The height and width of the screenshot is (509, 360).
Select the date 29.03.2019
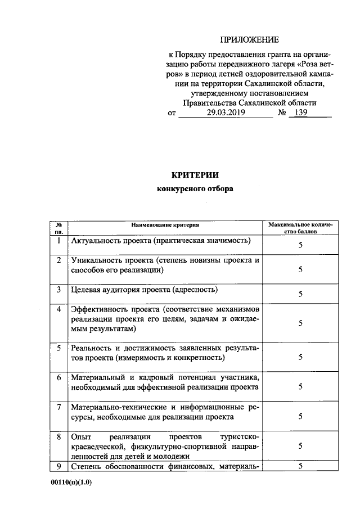click(223, 113)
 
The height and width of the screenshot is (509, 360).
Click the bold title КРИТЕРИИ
click(194, 174)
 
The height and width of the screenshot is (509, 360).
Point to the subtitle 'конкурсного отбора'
click(195, 189)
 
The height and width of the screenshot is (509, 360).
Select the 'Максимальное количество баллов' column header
click(300, 228)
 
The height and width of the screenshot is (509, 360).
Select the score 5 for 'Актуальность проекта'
click(300, 245)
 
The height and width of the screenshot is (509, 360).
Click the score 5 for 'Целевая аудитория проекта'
click(300, 294)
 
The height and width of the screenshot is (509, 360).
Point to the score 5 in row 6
click(300, 386)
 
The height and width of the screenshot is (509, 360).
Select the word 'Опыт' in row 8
click(80, 436)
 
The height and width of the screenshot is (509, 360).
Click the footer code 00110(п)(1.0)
click(70, 483)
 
